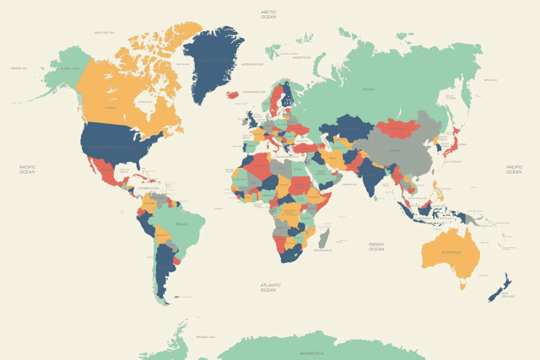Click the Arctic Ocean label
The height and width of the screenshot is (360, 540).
coord(268,14)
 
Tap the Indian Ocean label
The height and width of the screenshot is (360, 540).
coord(376,246)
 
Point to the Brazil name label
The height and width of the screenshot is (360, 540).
coord(181,224)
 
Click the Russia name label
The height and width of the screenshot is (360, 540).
coord(368,88)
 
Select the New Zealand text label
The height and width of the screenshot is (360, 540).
coord(507,296)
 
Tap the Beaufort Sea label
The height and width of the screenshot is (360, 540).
coord(105,33)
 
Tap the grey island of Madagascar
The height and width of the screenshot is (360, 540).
coord(324,236)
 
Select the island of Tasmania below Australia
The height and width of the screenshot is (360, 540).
coord(462,285)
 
